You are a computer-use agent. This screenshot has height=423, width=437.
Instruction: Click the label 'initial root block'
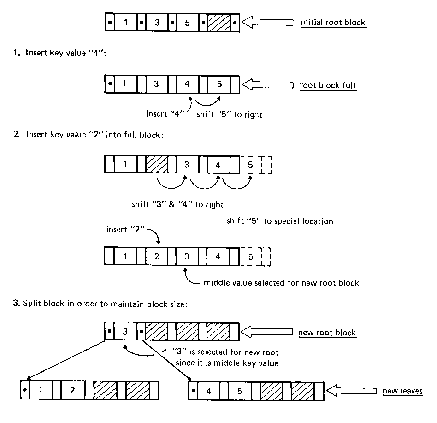click(333, 23)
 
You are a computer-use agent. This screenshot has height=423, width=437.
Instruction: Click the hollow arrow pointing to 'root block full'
click(268, 85)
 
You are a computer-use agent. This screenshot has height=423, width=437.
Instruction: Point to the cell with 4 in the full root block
click(187, 85)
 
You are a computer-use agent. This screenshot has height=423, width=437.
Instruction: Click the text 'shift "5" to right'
click(229, 115)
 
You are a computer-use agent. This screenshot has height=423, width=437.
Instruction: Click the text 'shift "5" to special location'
click(280, 221)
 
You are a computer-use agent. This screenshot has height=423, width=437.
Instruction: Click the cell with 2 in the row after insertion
click(157, 256)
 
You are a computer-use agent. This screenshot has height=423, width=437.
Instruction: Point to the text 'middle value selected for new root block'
click(281, 282)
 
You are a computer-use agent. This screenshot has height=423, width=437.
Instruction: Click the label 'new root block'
click(327, 333)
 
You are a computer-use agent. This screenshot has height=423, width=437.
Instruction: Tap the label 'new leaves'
click(402, 391)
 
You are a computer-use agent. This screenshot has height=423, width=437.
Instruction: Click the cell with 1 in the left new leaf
click(41, 391)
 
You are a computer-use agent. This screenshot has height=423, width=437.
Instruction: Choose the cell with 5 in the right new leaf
click(239, 391)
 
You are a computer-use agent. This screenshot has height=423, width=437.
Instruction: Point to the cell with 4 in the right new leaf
click(209, 391)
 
